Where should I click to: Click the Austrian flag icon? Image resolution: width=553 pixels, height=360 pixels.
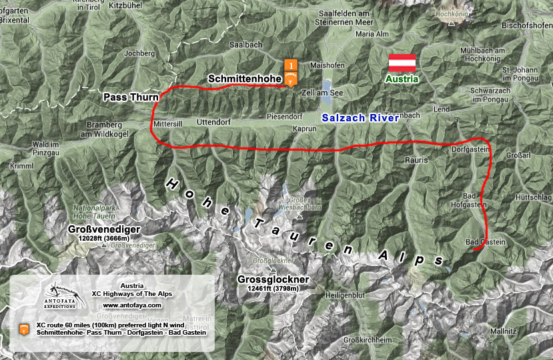(403, 63)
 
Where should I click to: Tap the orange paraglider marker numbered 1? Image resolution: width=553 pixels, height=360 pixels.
(290, 73)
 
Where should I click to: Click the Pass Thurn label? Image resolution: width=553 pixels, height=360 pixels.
(129, 97)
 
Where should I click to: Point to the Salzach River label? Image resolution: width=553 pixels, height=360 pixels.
(360, 117)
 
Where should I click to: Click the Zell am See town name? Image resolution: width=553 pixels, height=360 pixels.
(322, 93)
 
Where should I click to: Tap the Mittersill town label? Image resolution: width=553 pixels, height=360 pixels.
(167, 124)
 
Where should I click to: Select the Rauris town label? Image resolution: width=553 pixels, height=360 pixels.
(416, 160)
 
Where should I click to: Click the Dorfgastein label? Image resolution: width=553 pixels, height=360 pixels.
(471, 149)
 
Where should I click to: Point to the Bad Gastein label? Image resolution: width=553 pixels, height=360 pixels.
(485, 241)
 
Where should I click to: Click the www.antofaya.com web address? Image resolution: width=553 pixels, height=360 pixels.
(132, 305)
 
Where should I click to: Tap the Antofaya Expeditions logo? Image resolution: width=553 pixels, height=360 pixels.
(61, 294)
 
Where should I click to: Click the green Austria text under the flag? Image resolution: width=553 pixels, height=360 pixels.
(402, 79)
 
